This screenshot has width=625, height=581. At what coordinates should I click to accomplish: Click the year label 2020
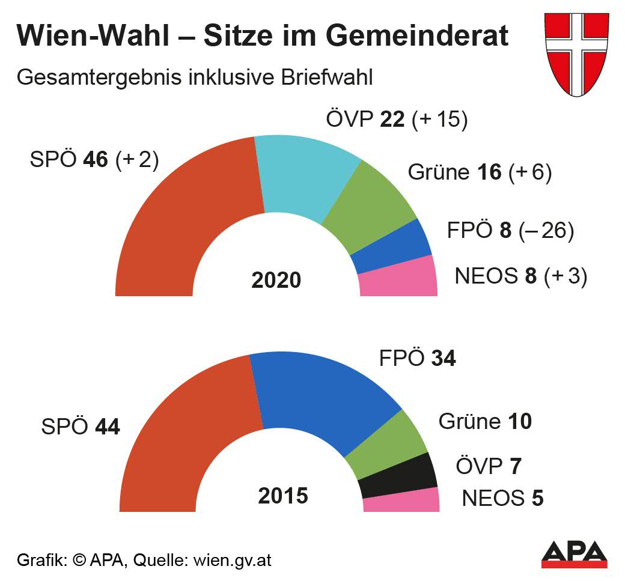pyautogui.click(x=276, y=280)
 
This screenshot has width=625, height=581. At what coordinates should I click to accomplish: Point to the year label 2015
pyautogui.click(x=283, y=496)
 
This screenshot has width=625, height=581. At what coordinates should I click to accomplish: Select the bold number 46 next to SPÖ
pyautogui.click(x=96, y=160)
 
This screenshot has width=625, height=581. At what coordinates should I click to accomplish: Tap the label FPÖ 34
pyautogui.click(x=417, y=359)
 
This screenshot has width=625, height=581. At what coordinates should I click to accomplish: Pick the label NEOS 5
pyautogui.click(x=502, y=498)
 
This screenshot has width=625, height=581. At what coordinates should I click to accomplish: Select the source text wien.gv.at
pyautogui.click(x=232, y=561)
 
